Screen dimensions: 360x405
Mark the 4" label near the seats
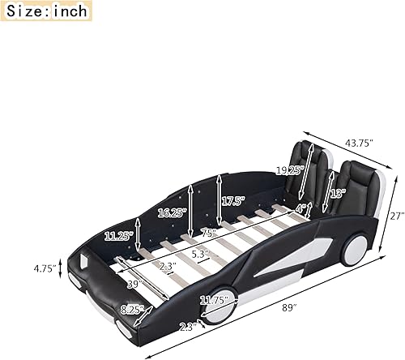point(301,208)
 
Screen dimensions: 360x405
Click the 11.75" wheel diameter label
point(215,299)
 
